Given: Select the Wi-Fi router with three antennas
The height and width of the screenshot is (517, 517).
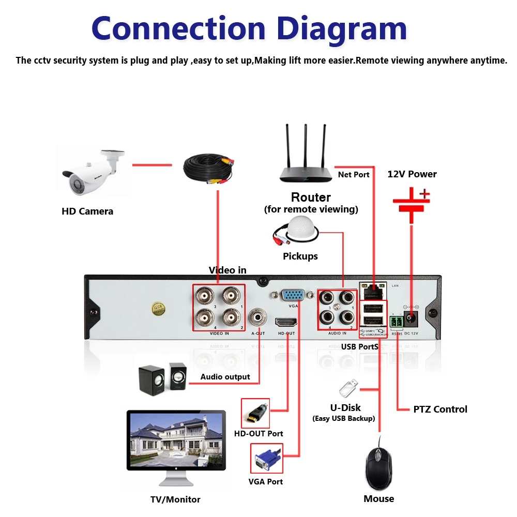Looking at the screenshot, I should [306, 165].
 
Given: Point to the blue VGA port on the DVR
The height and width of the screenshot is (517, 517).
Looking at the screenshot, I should [293, 296].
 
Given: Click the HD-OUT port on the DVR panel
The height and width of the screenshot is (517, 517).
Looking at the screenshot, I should [286, 322].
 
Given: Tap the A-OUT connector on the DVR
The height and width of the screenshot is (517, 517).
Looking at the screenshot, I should [258, 316].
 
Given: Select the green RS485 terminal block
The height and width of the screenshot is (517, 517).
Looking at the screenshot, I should [397, 322].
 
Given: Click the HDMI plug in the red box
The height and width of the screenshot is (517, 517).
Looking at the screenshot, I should [255, 413].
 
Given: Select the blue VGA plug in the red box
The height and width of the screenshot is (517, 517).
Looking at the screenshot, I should [266, 458].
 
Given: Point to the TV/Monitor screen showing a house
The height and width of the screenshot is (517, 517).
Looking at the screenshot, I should [176, 439].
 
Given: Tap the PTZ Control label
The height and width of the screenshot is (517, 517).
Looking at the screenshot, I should [440, 409].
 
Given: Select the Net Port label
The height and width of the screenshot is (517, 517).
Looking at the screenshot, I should [354, 174].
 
